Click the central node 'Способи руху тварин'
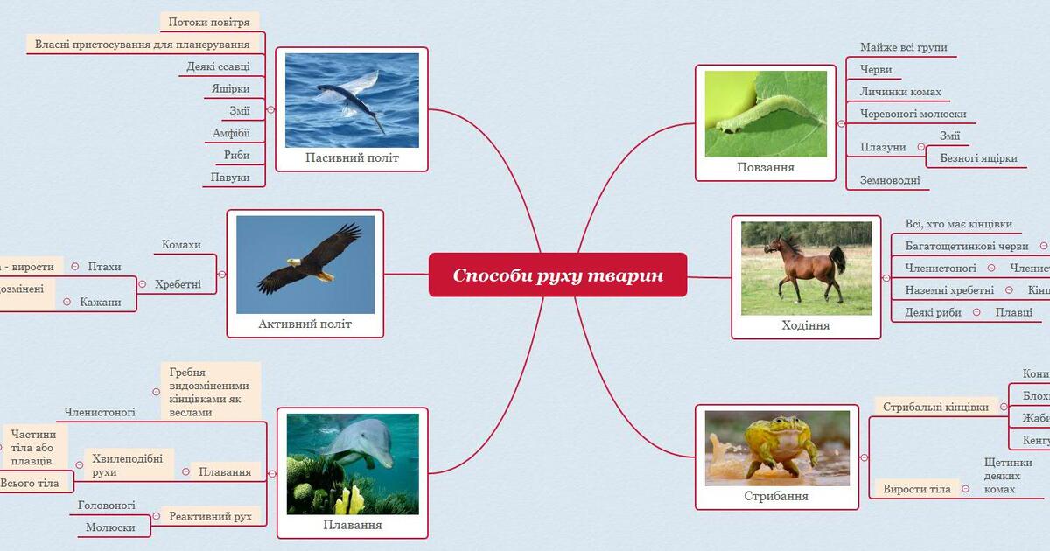click(x=557, y=275)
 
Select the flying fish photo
click(x=352, y=100)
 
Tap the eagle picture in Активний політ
click(x=305, y=264)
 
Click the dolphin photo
click(x=353, y=464)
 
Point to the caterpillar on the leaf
click(x=766, y=114)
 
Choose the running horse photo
click(x=806, y=268)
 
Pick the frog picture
click(x=777, y=448)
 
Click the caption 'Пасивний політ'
click(x=352, y=158)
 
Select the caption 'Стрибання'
click(x=776, y=496)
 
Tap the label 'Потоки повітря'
click(x=210, y=21)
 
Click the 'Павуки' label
click(x=231, y=178)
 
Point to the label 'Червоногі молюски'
click(x=913, y=114)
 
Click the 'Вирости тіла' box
click(x=916, y=489)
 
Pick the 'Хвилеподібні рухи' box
click(x=128, y=465)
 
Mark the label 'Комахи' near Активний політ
click(x=181, y=245)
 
